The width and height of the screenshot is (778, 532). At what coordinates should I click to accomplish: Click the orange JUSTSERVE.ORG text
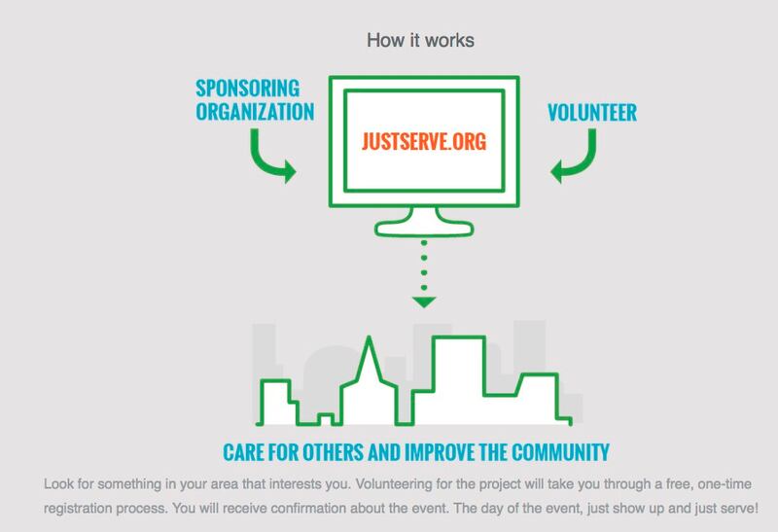click(420, 140)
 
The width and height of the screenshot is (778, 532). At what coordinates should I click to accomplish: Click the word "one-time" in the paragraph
click(741, 484)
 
